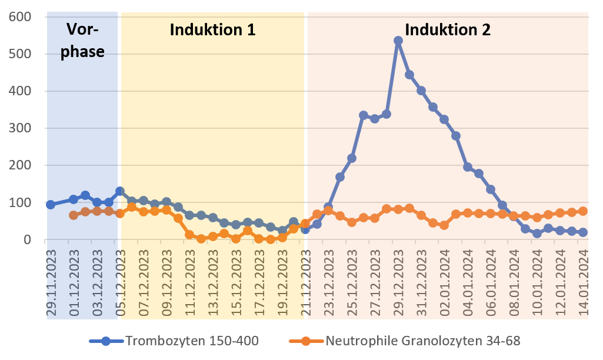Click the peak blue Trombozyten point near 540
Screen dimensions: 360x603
398,41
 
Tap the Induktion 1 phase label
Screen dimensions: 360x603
212,30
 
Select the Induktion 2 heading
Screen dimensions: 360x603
448,30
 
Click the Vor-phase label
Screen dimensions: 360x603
83,40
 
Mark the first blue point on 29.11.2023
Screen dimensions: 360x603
51,205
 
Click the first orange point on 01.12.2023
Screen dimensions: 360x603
74,215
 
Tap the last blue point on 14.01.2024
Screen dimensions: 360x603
583,232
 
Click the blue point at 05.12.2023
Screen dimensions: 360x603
120,191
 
